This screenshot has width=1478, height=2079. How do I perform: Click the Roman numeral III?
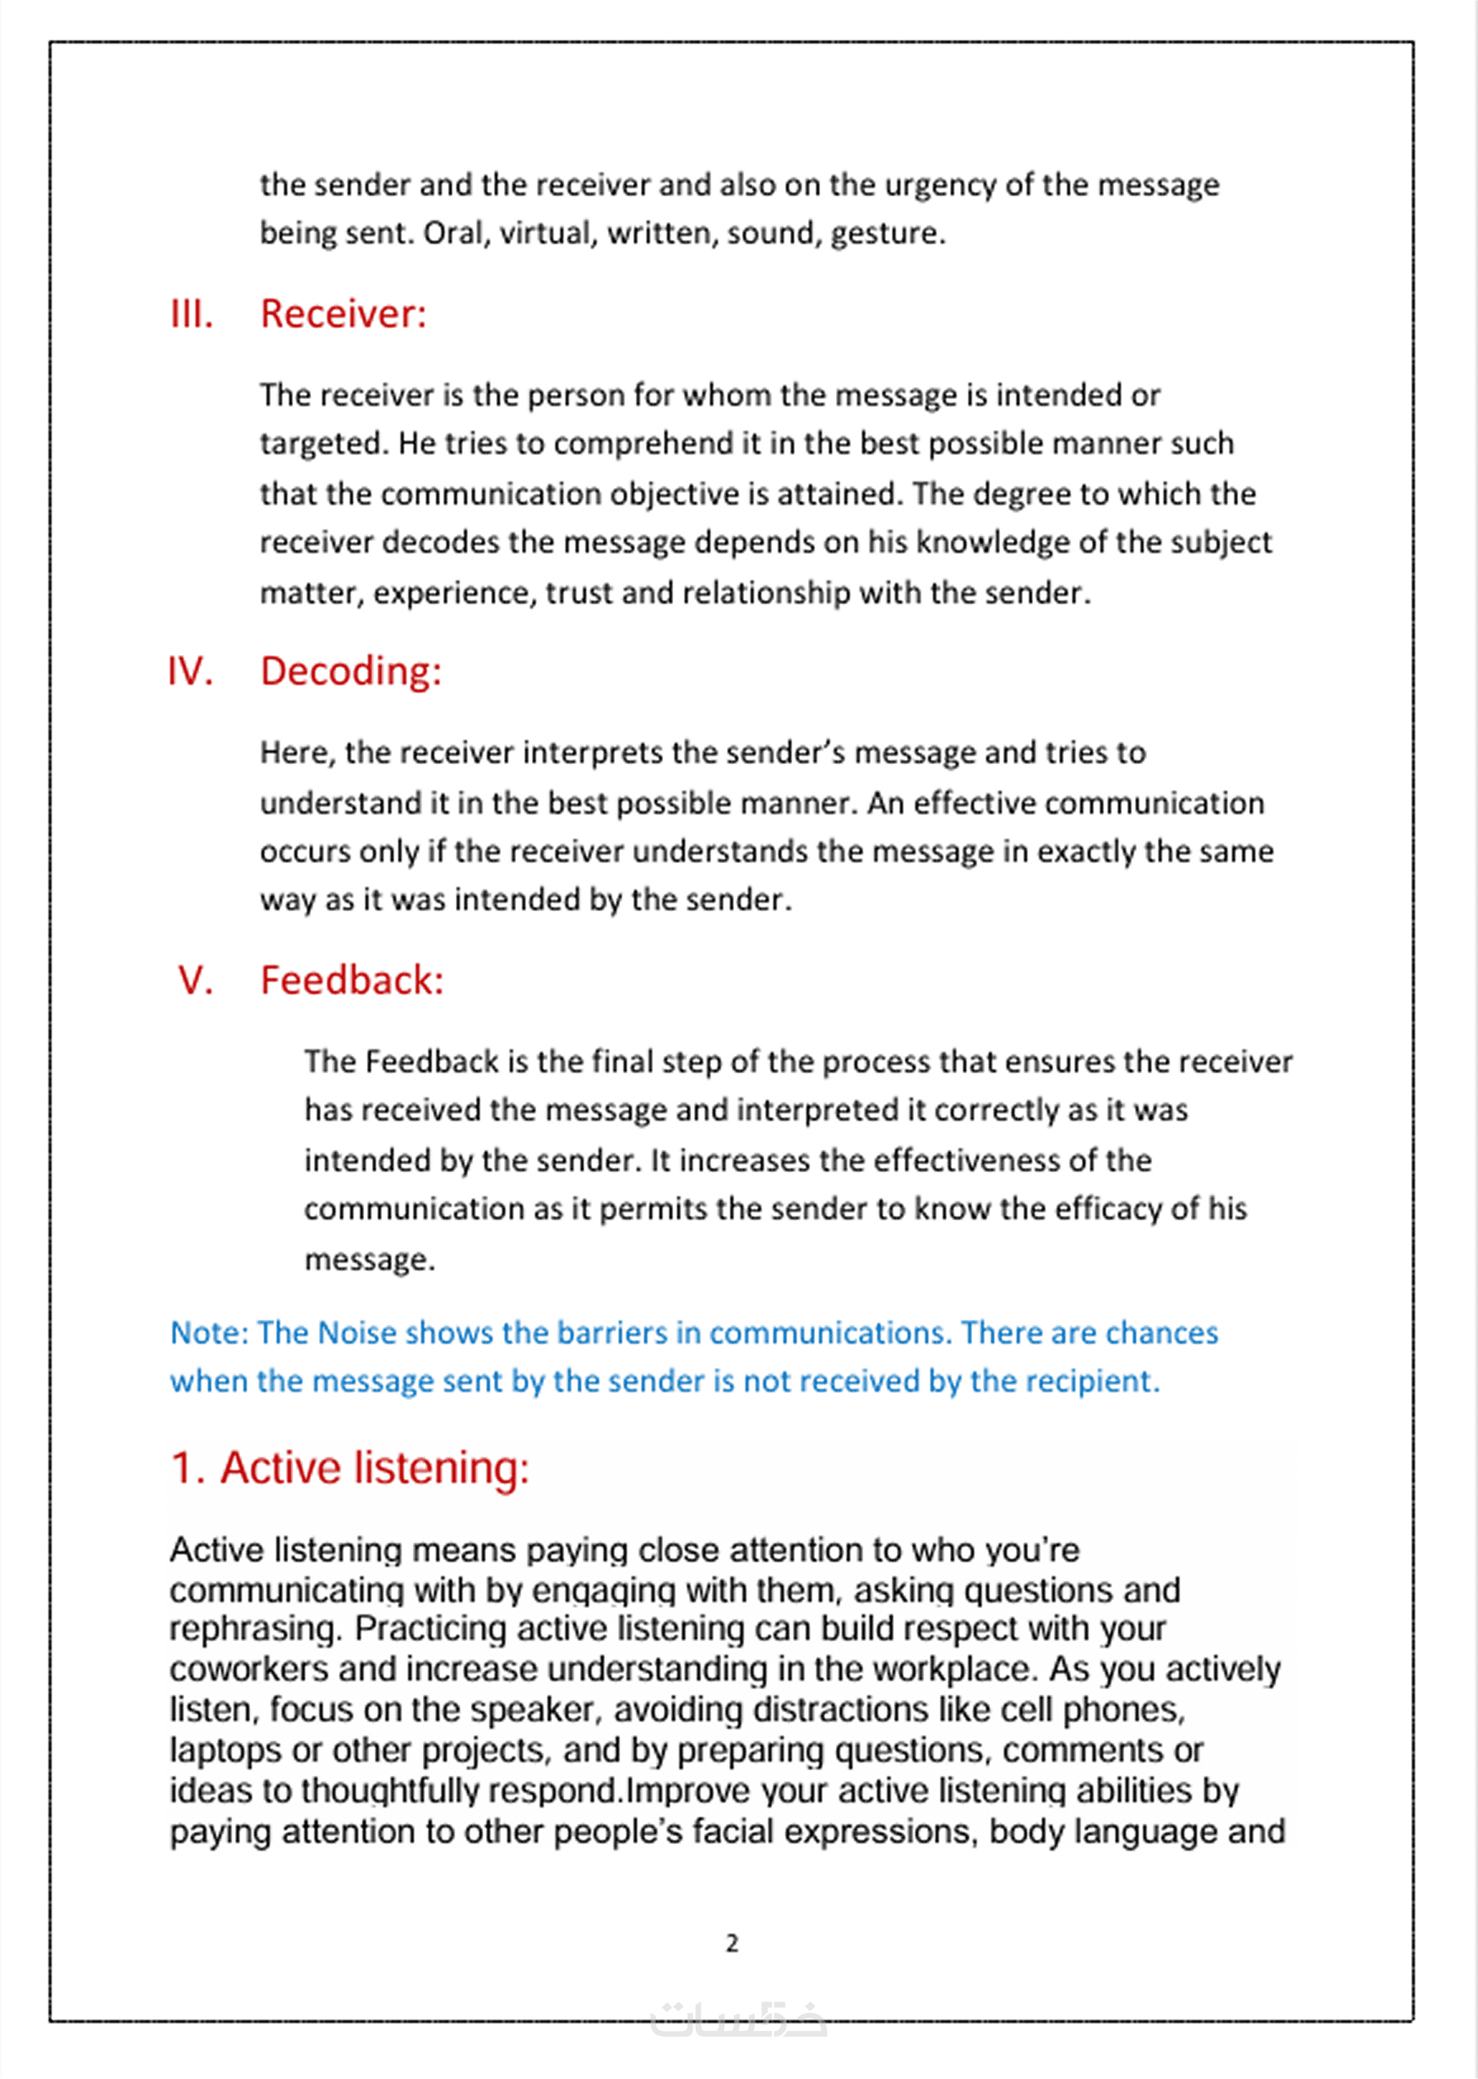point(191,314)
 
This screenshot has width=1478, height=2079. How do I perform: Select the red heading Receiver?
point(343,314)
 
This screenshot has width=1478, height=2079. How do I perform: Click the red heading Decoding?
point(350,672)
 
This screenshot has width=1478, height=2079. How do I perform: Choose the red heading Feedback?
point(351,980)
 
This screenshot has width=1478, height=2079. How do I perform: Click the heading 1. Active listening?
point(350,1468)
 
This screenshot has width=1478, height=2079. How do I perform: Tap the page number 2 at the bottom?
point(731,1943)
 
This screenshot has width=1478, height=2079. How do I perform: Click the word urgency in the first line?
point(941,186)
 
